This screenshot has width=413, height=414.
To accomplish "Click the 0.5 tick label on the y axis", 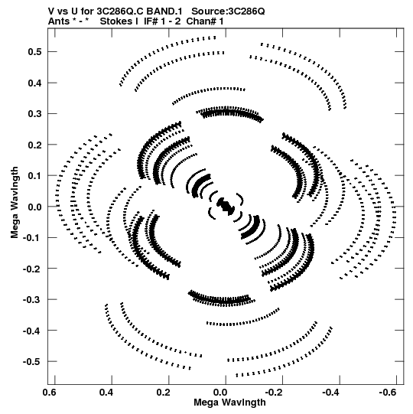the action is click(x=34, y=52).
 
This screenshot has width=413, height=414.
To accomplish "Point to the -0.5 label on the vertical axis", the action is click(x=32, y=361).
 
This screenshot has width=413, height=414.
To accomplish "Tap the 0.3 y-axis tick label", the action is click(x=34, y=114).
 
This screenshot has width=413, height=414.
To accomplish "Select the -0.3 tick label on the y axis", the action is click(x=32, y=299).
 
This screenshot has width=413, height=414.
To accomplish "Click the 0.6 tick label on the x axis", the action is click(x=50, y=393).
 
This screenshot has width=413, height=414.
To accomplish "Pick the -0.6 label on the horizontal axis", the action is click(x=388, y=393).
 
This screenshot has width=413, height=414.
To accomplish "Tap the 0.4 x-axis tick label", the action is click(x=106, y=393).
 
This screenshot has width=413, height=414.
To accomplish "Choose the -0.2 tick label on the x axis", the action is click(x=274, y=393).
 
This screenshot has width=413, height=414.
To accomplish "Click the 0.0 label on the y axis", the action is click(x=34, y=207).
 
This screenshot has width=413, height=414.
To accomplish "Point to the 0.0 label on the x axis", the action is click(x=220, y=393).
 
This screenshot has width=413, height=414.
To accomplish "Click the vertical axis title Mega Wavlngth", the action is click(x=15, y=203).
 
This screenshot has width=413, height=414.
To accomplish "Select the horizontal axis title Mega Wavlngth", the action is click(x=229, y=403).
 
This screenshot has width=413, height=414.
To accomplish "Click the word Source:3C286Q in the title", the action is click(x=228, y=11).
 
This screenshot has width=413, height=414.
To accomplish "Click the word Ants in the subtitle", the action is click(x=59, y=21).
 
